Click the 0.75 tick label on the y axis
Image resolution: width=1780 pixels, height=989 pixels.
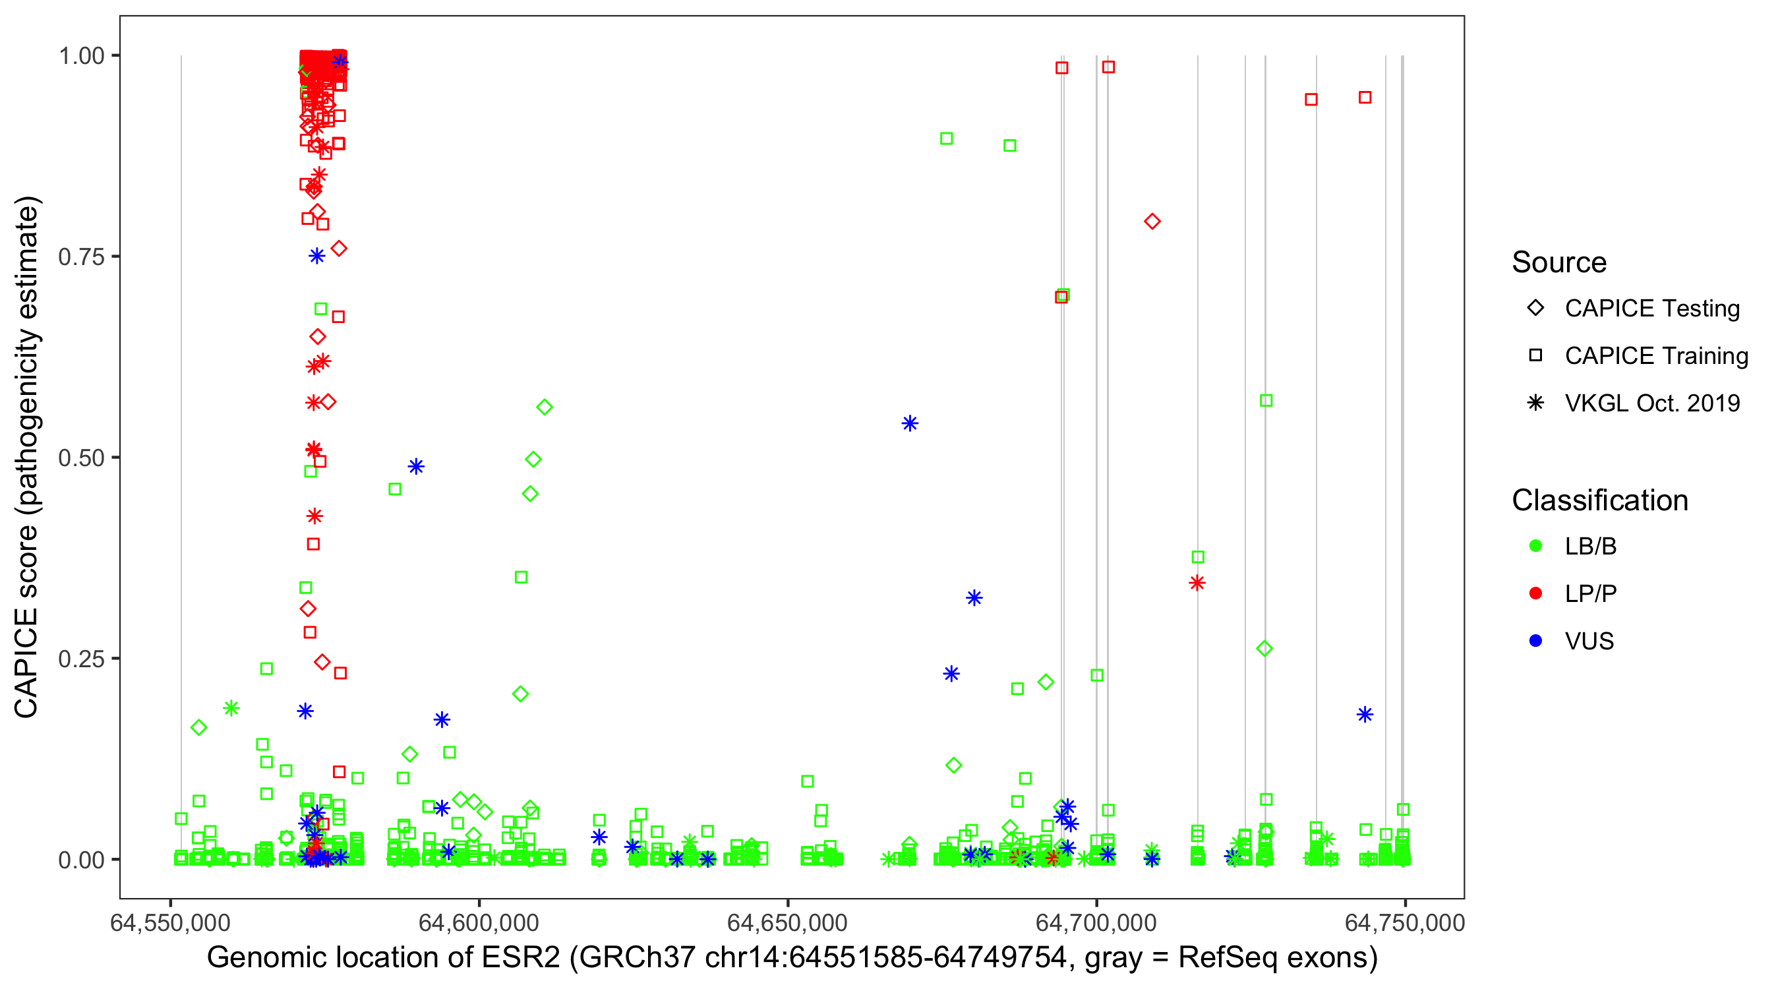[x=80, y=256]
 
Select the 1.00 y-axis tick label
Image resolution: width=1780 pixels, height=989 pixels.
[x=80, y=55]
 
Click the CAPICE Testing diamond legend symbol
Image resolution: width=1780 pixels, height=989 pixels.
[x=1535, y=307]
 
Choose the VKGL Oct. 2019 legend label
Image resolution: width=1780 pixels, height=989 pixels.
[x=1652, y=403]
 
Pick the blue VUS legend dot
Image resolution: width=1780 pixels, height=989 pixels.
[x=1535, y=641]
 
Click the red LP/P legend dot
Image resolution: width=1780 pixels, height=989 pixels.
[x=1535, y=593]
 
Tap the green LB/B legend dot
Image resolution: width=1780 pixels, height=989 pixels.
[x=1535, y=546]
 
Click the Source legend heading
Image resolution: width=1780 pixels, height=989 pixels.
[x=1559, y=262]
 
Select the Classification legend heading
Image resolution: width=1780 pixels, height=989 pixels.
[x=1599, y=500]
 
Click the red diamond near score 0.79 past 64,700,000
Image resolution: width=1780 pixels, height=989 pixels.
[x=1152, y=221]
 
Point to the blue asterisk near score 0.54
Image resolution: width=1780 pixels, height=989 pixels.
[x=910, y=423]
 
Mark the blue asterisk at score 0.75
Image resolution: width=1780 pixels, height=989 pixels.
[x=316, y=256]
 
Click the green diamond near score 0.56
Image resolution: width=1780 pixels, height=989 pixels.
[x=545, y=407]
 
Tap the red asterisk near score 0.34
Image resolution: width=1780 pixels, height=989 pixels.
[x=1197, y=583]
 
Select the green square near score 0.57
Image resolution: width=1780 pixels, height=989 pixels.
[x=1266, y=400]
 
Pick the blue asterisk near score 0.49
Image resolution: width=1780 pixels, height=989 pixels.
[x=415, y=467]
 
